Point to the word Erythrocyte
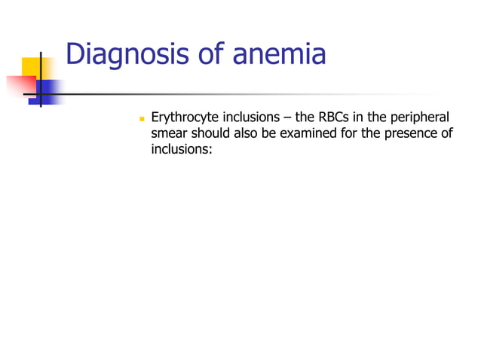pyautogui.click(x=184, y=118)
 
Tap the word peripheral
pyautogui.click(x=419, y=118)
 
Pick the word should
pyautogui.click(x=210, y=134)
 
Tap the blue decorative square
pyautogui.click(x=49, y=91)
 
